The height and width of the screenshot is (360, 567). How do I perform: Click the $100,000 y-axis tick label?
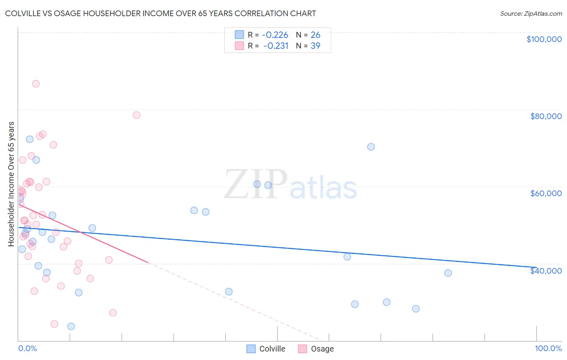click(x=544, y=39)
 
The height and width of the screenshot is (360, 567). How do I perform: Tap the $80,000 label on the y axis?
click(x=546, y=116)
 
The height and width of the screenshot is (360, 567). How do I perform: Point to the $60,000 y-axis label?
click(x=546, y=193)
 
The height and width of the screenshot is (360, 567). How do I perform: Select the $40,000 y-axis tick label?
click(x=546, y=271)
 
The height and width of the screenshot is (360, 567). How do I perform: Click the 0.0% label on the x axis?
click(x=27, y=348)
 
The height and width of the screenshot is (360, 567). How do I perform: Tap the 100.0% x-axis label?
click(x=548, y=348)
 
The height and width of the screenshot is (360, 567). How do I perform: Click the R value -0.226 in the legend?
click(x=275, y=35)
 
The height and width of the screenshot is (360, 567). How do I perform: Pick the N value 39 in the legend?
click(x=315, y=46)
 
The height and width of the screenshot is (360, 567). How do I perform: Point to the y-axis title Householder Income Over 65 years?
click(x=11, y=184)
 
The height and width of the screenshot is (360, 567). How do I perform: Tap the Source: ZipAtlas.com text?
click(x=531, y=13)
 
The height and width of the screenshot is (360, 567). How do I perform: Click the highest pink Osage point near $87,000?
click(x=35, y=84)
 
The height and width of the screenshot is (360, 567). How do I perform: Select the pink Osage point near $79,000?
click(x=136, y=115)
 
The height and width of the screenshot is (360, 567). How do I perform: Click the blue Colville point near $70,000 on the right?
click(x=371, y=147)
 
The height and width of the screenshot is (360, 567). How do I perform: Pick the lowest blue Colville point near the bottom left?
click(x=71, y=327)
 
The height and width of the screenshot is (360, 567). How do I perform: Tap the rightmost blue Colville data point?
click(x=448, y=273)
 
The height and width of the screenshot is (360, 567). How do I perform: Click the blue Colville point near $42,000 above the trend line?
click(x=347, y=257)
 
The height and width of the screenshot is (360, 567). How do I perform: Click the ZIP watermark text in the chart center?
click(x=256, y=184)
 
